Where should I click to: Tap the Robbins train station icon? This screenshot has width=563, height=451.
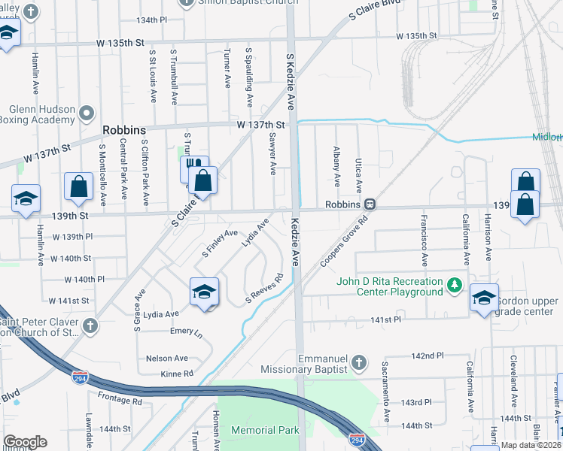click(x=370, y=204)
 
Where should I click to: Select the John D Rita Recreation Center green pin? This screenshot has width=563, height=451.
click(x=454, y=286)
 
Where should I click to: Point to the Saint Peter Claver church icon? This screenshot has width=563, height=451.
click(x=90, y=325)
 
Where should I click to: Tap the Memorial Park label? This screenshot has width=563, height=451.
click(x=265, y=430)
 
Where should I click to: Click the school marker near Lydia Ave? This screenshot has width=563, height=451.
click(x=204, y=292)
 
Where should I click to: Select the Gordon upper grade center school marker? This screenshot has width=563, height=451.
click(x=484, y=298)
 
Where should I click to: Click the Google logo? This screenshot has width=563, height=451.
click(x=25, y=442)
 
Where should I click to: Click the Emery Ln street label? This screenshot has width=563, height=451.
click(x=187, y=331)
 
